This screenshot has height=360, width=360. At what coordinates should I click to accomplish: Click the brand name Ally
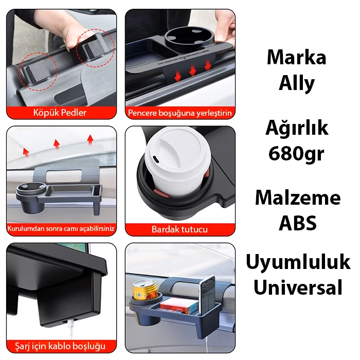(296, 83)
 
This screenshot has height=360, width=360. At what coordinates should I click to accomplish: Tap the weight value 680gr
(296, 154)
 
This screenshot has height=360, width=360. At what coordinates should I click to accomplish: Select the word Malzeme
(298, 198)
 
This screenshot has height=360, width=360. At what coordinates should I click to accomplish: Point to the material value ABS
(298, 223)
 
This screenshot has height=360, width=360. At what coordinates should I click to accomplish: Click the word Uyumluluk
(298, 261)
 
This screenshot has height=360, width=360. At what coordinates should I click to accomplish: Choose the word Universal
(298, 287)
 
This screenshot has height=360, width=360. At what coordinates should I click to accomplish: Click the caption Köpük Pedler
(60, 113)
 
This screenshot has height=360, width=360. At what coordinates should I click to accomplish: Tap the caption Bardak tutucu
(179, 229)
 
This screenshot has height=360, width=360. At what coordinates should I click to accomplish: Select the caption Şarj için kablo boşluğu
(60, 346)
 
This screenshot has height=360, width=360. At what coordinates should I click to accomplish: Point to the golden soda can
(145, 290)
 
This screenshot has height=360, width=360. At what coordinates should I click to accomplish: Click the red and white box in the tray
(179, 305)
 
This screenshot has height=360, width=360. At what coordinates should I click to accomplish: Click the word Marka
(296, 58)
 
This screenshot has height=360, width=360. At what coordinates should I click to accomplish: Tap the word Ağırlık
(297, 128)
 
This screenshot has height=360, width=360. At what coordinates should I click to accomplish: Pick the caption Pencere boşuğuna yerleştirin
(180, 113)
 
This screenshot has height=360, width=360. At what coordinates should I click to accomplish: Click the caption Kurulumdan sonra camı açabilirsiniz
(61, 229)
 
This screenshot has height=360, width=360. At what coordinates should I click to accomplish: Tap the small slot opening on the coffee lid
(155, 159)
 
